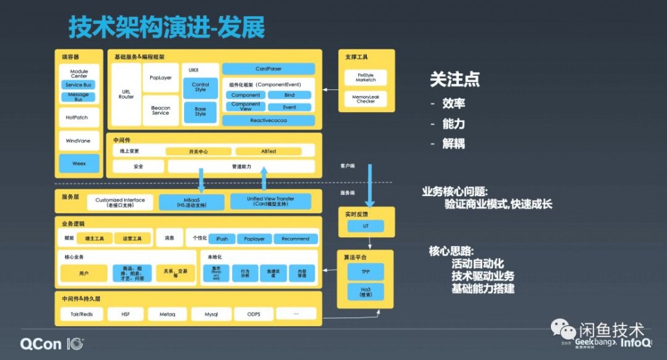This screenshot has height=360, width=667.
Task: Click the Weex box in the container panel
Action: [79, 163]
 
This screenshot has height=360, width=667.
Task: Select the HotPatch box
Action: [79, 117]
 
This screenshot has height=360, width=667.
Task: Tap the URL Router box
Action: [126, 94]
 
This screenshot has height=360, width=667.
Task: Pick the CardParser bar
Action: [268, 69]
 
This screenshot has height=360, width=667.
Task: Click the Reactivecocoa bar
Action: [268, 121]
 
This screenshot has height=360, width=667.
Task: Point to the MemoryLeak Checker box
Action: [366, 99]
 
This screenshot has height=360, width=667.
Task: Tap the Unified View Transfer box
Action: [271, 201]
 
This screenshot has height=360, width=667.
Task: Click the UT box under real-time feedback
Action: [366, 227]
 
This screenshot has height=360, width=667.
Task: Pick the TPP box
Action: [366, 272]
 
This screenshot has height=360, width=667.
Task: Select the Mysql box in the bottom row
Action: [211, 313]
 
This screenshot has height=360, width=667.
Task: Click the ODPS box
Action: [253, 313]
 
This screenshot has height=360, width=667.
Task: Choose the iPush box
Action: [222, 239]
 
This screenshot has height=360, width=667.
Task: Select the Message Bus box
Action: [79, 97]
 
